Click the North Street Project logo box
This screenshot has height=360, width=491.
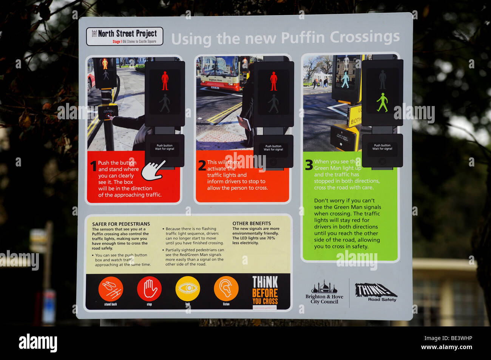[125, 37]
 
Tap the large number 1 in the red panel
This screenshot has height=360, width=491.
[93, 166]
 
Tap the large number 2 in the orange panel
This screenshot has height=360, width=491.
[202, 166]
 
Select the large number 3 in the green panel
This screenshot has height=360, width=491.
[309, 165]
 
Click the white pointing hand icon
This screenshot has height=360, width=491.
[153, 171]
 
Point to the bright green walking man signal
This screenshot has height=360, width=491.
[382, 102]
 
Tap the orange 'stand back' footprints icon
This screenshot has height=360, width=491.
[111, 289]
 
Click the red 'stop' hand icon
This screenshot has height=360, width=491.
[149, 289]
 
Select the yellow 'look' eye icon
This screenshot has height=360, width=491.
[188, 289]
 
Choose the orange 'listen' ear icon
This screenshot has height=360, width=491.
[226, 289]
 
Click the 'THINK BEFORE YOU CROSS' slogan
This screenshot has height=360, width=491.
[265, 290]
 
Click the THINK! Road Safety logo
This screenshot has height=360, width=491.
[375, 292]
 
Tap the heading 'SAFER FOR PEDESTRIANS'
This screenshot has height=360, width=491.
[121, 224]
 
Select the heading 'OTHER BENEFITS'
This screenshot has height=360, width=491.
[252, 223]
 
